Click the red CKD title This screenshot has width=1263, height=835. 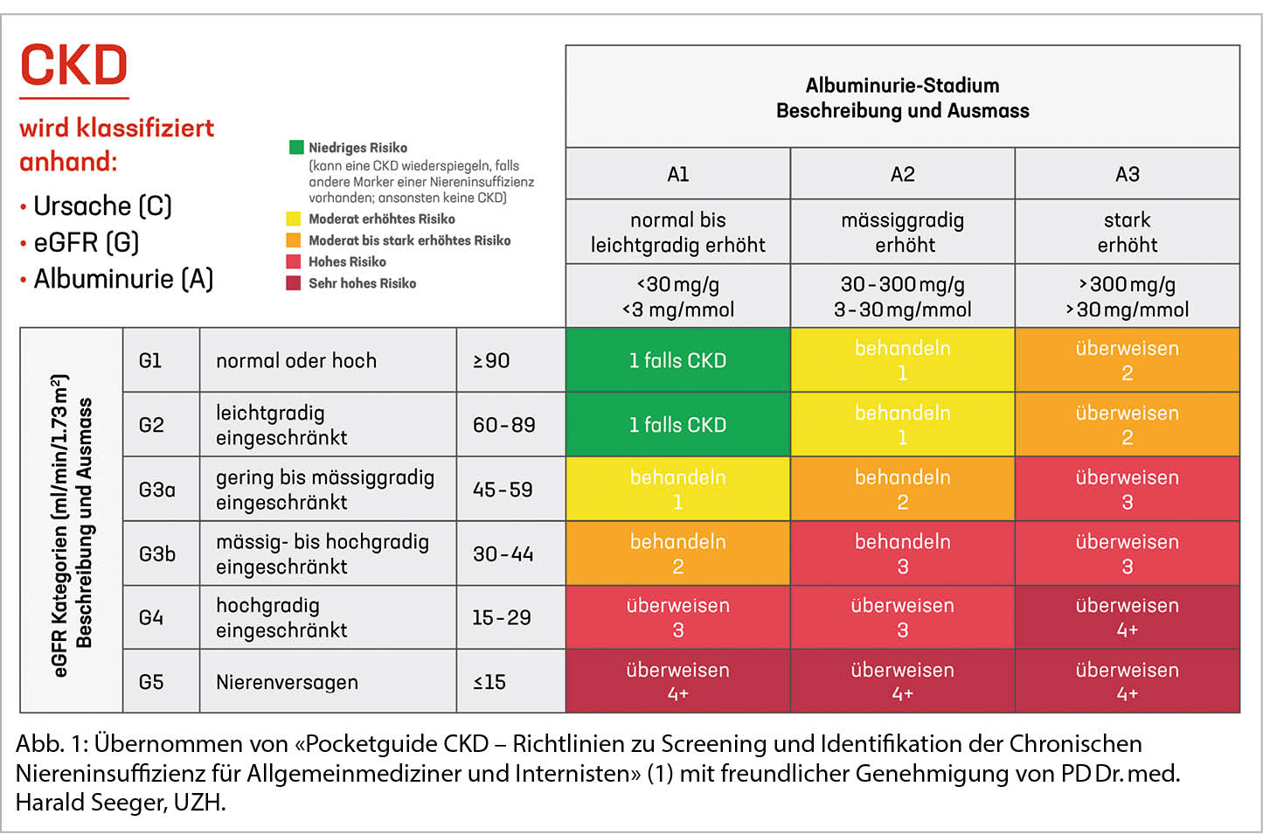pyautogui.click(x=74, y=66)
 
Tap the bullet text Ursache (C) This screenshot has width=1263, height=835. pyautogui.click(x=102, y=206)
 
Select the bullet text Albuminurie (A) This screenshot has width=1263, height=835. pyautogui.click(x=123, y=279)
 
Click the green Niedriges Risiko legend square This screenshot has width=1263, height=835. pyautogui.click(x=296, y=147)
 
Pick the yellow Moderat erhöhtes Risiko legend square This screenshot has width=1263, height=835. pyautogui.click(x=294, y=219)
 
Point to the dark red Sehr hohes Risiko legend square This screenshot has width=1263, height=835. pyautogui.click(x=294, y=282)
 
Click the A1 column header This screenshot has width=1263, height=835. pyautogui.click(x=677, y=174)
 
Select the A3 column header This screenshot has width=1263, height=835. pyautogui.click(x=1127, y=174)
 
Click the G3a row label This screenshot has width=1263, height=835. pyautogui.click(x=156, y=490)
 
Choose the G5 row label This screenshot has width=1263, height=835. pyautogui.click(x=151, y=682)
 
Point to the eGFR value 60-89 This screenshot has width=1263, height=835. pyautogui.click(x=503, y=425)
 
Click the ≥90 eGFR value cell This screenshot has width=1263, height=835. pyautogui.click(x=491, y=360)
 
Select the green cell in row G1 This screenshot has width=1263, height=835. pyautogui.click(x=677, y=360)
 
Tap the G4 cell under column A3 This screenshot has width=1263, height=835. pyautogui.click(x=1127, y=617)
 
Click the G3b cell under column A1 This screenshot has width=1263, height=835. pyautogui.click(x=677, y=553)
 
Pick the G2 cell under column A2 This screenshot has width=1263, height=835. pyautogui.click(x=902, y=425)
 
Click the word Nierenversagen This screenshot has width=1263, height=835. pyautogui.click(x=287, y=682)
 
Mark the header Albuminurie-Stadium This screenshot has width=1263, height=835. pyautogui.click(x=902, y=86)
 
